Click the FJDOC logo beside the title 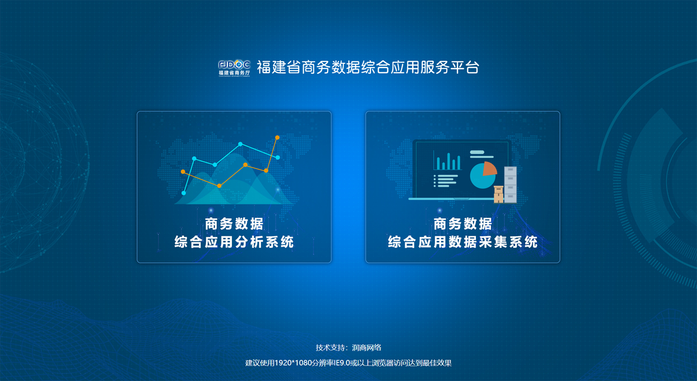tap(234, 68)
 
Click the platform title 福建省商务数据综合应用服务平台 tap(368, 68)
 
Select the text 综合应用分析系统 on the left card tap(234, 242)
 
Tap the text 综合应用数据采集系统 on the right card tap(463, 242)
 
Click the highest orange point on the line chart tap(277, 137)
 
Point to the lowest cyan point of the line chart tap(184, 193)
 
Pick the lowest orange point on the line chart tap(220, 186)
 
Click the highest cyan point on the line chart tap(240, 144)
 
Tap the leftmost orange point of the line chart tap(183, 172)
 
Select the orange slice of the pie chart tap(489, 169)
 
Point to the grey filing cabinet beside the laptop tap(510, 185)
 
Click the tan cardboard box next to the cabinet tap(498, 194)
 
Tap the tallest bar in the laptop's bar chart tap(449, 161)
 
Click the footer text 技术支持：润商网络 tap(348, 348)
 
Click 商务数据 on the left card tap(234, 224)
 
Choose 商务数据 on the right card tap(463, 224)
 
